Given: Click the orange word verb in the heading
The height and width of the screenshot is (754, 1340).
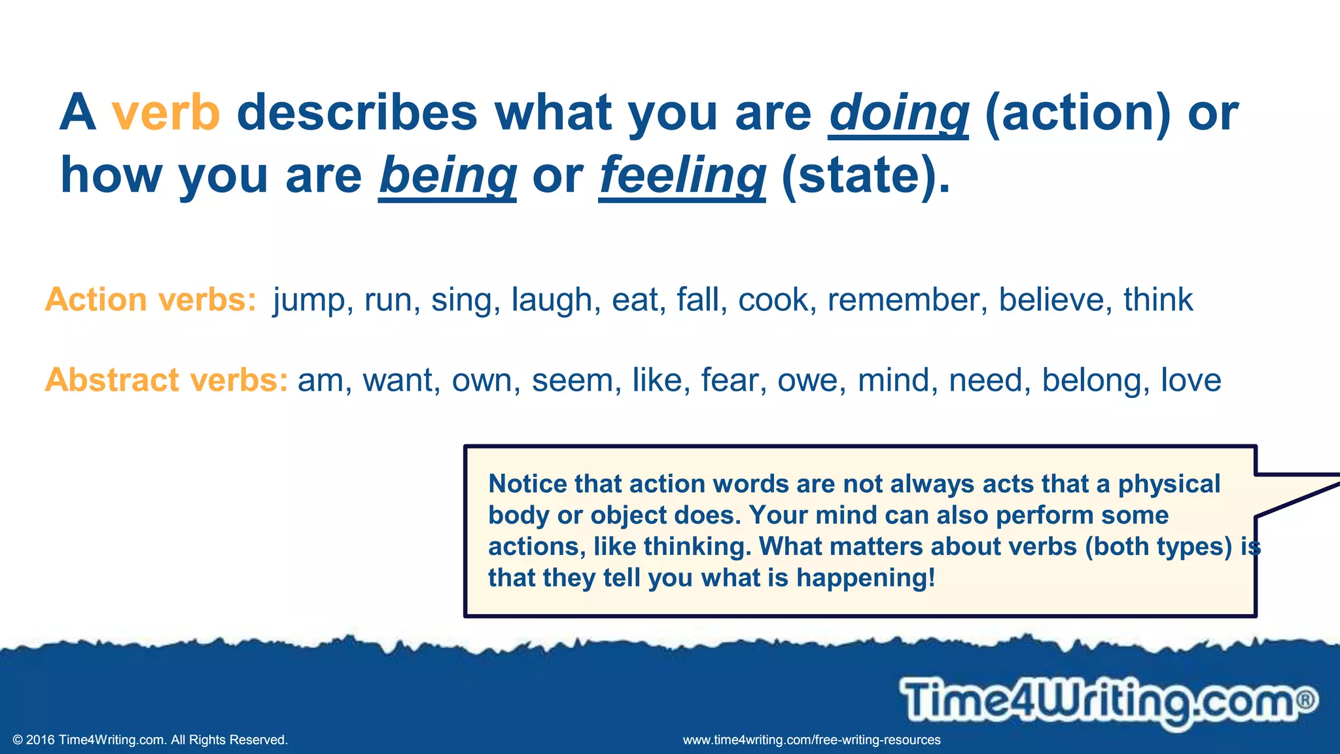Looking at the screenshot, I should click(x=166, y=113).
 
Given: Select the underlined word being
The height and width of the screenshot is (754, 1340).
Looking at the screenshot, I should click(x=448, y=176).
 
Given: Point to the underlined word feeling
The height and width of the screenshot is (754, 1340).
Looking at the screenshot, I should click(x=682, y=176).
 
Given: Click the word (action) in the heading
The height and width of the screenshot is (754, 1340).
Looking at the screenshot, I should click(x=1077, y=113).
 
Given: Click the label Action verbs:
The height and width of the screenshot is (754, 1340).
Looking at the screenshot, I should click(x=150, y=300).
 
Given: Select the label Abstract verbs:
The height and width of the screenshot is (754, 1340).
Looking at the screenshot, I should click(x=166, y=380).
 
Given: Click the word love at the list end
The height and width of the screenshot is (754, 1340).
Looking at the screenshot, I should click(x=1191, y=380).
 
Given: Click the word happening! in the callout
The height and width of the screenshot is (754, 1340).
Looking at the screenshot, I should click(x=866, y=578).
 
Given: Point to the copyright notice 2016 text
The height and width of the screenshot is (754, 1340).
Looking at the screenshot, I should click(x=150, y=740).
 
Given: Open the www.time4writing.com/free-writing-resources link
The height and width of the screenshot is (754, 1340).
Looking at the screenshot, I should click(x=811, y=740).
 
